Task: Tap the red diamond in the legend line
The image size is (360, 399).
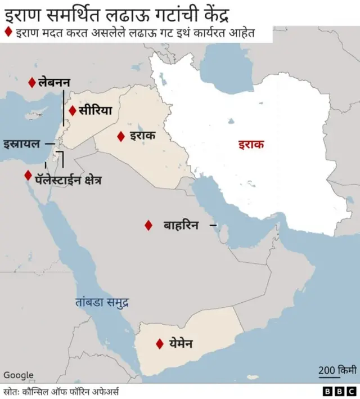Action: (x=8, y=32)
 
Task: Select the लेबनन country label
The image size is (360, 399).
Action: (x=54, y=83)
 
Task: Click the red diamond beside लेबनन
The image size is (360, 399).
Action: (x=32, y=83)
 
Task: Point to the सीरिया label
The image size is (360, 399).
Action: (x=95, y=110)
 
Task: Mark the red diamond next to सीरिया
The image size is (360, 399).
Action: (x=73, y=111)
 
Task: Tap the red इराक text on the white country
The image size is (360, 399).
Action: (x=250, y=145)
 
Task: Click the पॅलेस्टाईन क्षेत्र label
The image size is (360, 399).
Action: (x=68, y=181)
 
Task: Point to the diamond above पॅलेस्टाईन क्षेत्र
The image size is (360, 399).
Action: (x=28, y=175)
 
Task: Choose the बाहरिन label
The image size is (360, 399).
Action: (x=181, y=225)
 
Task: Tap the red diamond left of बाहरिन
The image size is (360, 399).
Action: (x=148, y=225)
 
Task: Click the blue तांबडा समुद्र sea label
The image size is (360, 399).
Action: (x=102, y=302)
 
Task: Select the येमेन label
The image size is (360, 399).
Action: (x=181, y=343)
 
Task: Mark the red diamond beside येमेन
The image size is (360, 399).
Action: (x=160, y=343)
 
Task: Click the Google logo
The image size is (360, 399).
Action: (x=19, y=375)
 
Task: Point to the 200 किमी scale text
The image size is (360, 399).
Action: (x=337, y=370)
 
